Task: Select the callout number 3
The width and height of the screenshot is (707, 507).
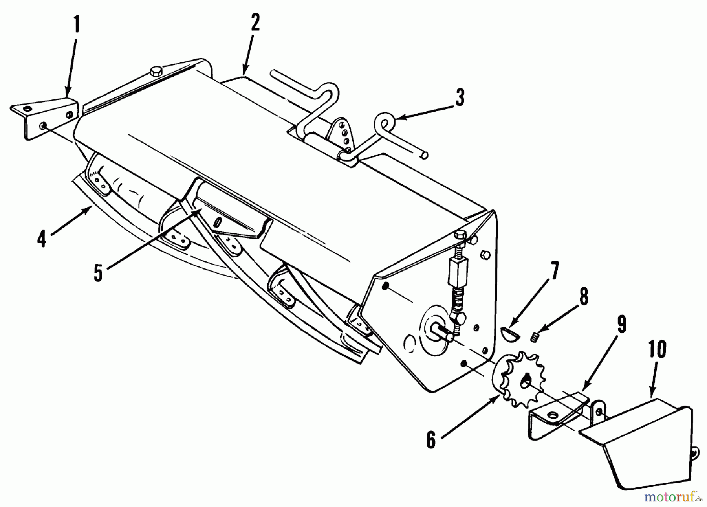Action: [x=459, y=97]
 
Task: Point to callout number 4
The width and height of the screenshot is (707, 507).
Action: [x=42, y=239]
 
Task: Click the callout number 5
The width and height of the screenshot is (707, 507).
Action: [x=98, y=272]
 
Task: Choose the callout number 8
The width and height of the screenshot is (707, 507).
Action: [x=584, y=297]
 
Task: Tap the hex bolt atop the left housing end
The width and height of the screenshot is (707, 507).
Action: [x=154, y=72]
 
